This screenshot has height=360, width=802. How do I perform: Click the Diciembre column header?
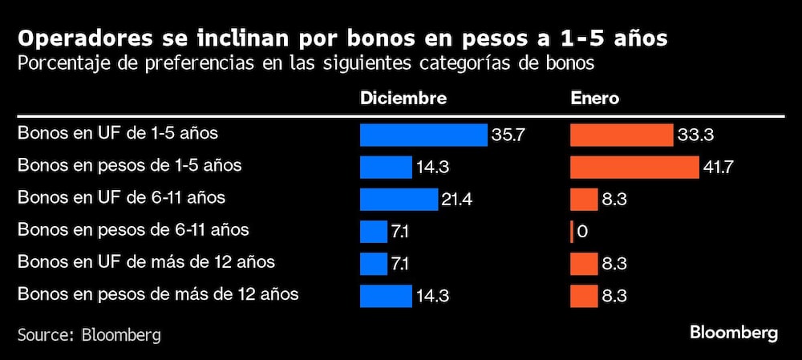pyautogui.click(x=403, y=98)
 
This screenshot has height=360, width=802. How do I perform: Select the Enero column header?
pyautogui.click(x=594, y=98)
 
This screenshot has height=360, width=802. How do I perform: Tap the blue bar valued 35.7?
pyautogui.click(x=423, y=135)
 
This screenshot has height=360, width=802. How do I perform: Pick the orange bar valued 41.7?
pyautogui.click(x=634, y=167)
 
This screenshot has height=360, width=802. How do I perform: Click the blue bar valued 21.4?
pyautogui.click(x=399, y=199)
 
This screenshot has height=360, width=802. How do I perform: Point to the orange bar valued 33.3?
pyautogui.click(x=622, y=135)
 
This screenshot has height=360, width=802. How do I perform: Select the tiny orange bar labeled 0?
pyautogui.click(x=572, y=232)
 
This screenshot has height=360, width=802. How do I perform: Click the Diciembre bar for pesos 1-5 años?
pyautogui.click(x=386, y=167)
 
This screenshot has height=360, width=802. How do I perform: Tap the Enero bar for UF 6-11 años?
pyautogui.click(x=584, y=199)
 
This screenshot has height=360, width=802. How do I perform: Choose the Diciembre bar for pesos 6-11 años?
pyautogui.click(x=374, y=232)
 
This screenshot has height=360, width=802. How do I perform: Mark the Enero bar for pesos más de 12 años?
pyautogui.click(x=584, y=296)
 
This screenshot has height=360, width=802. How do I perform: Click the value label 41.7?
pyautogui.click(x=719, y=168)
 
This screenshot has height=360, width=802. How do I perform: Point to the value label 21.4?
pyautogui.click(x=457, y=200)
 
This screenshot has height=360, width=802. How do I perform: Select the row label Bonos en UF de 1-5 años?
pyautogui.click(x=118, y=133)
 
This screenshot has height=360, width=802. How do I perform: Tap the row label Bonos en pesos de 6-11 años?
pyautogui.click(x=133, y=230)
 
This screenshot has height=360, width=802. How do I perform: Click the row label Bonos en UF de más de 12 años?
pyautogui.click(x=146, y=262)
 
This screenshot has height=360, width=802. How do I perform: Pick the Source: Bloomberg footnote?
pyautogui.click(x=89, y=334)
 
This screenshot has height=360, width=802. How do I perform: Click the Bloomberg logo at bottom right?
pyautogui.click(x=734, y=333)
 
